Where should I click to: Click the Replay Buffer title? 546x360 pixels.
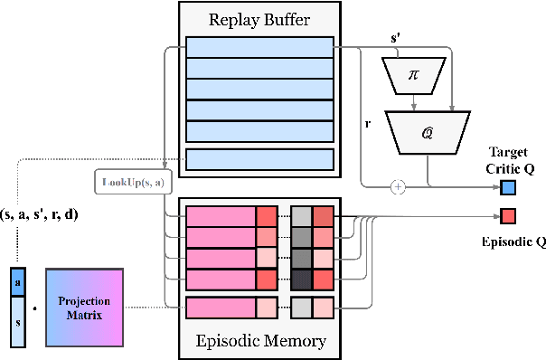click(x=259, y=18)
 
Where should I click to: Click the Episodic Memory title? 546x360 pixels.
click(x=260, y=342)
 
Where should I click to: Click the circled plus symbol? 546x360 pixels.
click(x=396, y=187)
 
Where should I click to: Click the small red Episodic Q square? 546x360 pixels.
click(x=508, y=216)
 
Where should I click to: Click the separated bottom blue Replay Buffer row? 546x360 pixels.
click(x=259, y=160)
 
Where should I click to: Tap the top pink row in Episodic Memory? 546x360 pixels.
click(x=221, y=217)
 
